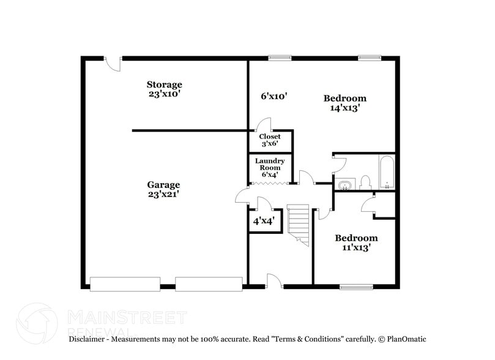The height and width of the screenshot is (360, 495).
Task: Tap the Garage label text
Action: [163, 185]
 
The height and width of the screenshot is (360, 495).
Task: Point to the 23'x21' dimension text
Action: [163, 195]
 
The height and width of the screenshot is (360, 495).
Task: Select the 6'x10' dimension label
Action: [274, 96]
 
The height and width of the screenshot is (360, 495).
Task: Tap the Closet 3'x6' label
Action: [270, 140]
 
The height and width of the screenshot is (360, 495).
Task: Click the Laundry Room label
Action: [270, 168]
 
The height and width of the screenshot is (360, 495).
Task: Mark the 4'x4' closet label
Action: [264, 220]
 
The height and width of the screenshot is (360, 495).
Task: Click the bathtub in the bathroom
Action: [387, 173]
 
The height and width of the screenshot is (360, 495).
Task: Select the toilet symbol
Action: [366, 182]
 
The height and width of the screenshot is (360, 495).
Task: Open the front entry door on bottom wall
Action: [274, 281]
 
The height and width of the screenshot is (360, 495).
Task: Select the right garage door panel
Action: [209, 284]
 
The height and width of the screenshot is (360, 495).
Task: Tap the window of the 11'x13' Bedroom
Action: [356, 286]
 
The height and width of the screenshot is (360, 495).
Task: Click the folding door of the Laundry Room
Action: [269, 183]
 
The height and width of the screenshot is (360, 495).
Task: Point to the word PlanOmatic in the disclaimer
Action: [407, 339]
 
